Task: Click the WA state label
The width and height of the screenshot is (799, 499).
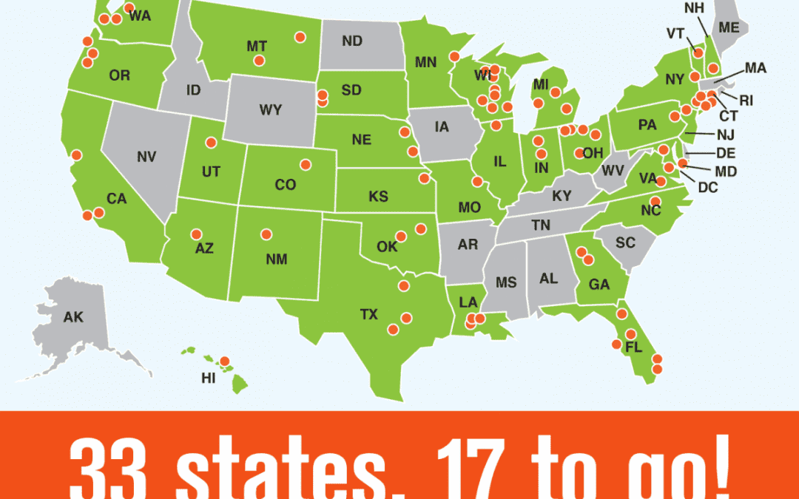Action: (x=140, y=16)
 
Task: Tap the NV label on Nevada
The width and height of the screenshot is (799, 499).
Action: (x=146, y=157)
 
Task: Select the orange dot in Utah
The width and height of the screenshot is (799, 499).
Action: (x=211, y=142)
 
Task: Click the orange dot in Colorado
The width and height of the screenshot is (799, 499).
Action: (x=304, y=164)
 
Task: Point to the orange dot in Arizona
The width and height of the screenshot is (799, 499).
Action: (x=196, y=234)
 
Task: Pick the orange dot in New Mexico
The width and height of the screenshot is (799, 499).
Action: (x=266, y=234)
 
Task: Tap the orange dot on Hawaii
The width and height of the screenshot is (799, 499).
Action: (x=225, y=361)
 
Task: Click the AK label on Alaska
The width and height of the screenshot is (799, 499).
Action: (x=73, y=317)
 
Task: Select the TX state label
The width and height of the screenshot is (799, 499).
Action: (x=368, y=314)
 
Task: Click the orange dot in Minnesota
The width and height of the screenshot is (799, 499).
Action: (x=454, y=55)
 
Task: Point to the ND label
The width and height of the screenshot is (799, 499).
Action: (x=352, y=41)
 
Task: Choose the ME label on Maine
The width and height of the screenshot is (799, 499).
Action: (x=729, y=27)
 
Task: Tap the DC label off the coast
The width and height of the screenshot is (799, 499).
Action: (x=708, y=188)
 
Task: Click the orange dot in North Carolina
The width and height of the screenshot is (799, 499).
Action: (x=655, y=200)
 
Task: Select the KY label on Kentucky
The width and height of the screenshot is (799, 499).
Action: (x=561, y=197)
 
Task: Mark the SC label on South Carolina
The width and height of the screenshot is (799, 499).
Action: (x=625, y=242)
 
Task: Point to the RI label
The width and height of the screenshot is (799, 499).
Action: (x=746, y=100)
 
